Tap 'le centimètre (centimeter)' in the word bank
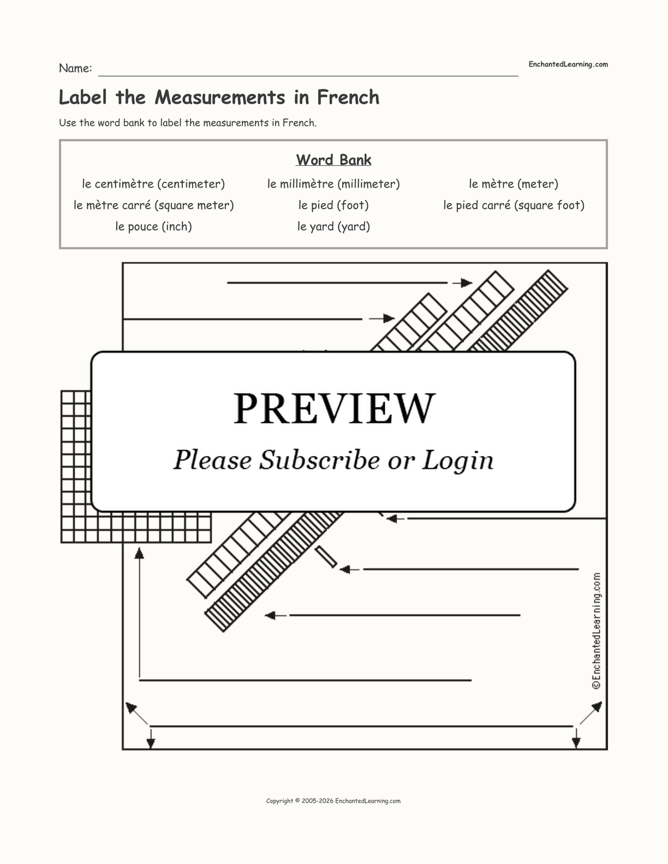153,184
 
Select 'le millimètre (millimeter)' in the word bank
333,184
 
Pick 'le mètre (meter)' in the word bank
514,184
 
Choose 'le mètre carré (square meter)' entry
153,205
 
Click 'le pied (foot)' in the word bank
333,205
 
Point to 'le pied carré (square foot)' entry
514,205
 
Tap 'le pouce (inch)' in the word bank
153,226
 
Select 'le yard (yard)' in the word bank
333,226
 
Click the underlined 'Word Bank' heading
333,160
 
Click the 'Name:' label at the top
75,68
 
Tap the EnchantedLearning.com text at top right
568,64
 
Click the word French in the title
348,97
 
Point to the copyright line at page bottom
333,801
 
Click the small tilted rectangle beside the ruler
326,557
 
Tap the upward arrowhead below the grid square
140,554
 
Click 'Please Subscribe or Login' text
333,460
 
